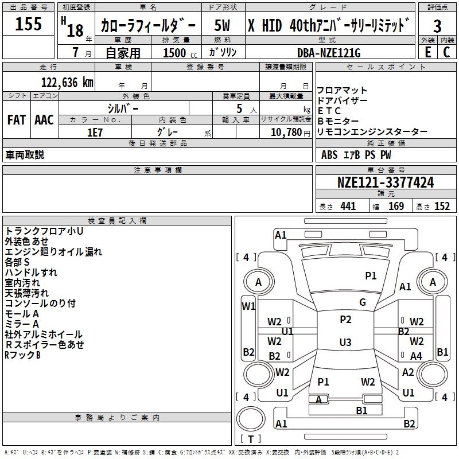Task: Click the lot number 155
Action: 28,24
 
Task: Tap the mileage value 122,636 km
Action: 67,83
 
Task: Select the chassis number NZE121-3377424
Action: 386,182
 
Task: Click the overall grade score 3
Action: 437,26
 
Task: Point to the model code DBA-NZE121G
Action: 329,53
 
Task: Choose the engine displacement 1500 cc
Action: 180,53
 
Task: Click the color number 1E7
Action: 95,133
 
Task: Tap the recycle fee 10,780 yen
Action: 290,133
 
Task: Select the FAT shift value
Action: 17,120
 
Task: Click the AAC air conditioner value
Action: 44,120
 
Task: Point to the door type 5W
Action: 222,25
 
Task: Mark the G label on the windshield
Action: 363,302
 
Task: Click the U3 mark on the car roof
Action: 345,342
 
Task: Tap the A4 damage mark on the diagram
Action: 416,356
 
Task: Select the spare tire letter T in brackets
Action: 251,439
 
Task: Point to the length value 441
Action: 348,207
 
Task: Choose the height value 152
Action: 442,207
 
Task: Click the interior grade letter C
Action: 446,52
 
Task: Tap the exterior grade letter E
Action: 427,52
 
